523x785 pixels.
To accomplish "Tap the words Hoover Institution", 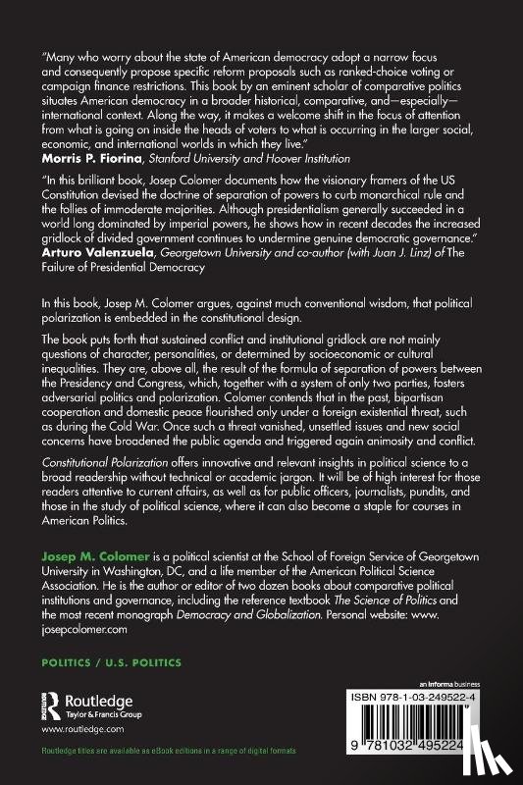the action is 334,157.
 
